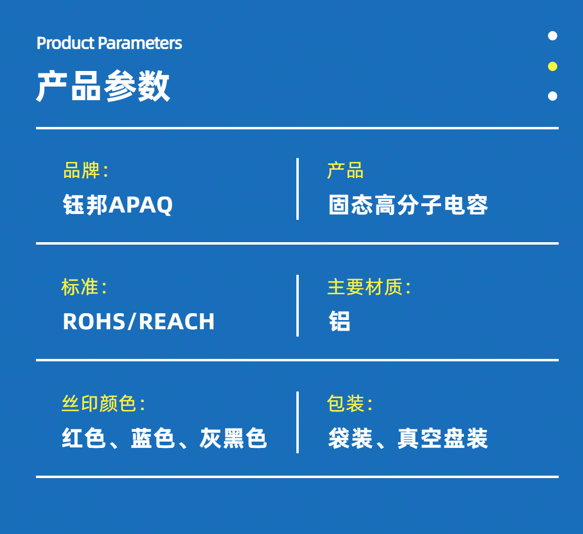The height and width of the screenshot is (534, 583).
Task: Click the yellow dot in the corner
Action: click(x=552, y=66)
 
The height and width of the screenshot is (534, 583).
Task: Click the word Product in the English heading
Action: click(x=66, y=43)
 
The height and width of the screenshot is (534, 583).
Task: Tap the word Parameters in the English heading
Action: click(x=140, y=43)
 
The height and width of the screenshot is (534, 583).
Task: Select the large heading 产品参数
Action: click(x=103, y=86)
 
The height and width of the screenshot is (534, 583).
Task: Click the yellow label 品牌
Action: click(x=81, y=170)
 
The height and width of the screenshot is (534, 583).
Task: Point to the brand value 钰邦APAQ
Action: click(x=118, y=205)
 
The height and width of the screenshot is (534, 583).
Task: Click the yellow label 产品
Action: click(x=345, y=170)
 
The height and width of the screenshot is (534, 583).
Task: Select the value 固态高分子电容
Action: click(x=408, y=205)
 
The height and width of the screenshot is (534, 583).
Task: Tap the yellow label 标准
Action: click(x=80, y=287)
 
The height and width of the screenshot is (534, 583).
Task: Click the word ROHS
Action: click(x=94, y=321)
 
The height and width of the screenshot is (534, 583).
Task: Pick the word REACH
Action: click(x=177, y=321)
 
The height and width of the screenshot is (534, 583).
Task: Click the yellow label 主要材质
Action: click(x=365, y=287)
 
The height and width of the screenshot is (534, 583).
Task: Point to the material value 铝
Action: click(x=340, y=321)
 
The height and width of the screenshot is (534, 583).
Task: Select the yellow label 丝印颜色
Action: click(x=99, y=404)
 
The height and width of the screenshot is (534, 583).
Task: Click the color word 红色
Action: click(x=84, y=438)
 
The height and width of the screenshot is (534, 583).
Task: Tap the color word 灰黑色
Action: click(x=233, y=438)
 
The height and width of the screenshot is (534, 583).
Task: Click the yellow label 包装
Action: click(x=345, y=404)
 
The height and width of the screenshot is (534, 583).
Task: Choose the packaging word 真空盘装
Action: click(x=443, y=438)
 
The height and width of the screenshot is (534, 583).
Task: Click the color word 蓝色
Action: click(x=153, y=438)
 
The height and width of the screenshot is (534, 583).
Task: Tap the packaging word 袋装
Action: click(x=350, y=438)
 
